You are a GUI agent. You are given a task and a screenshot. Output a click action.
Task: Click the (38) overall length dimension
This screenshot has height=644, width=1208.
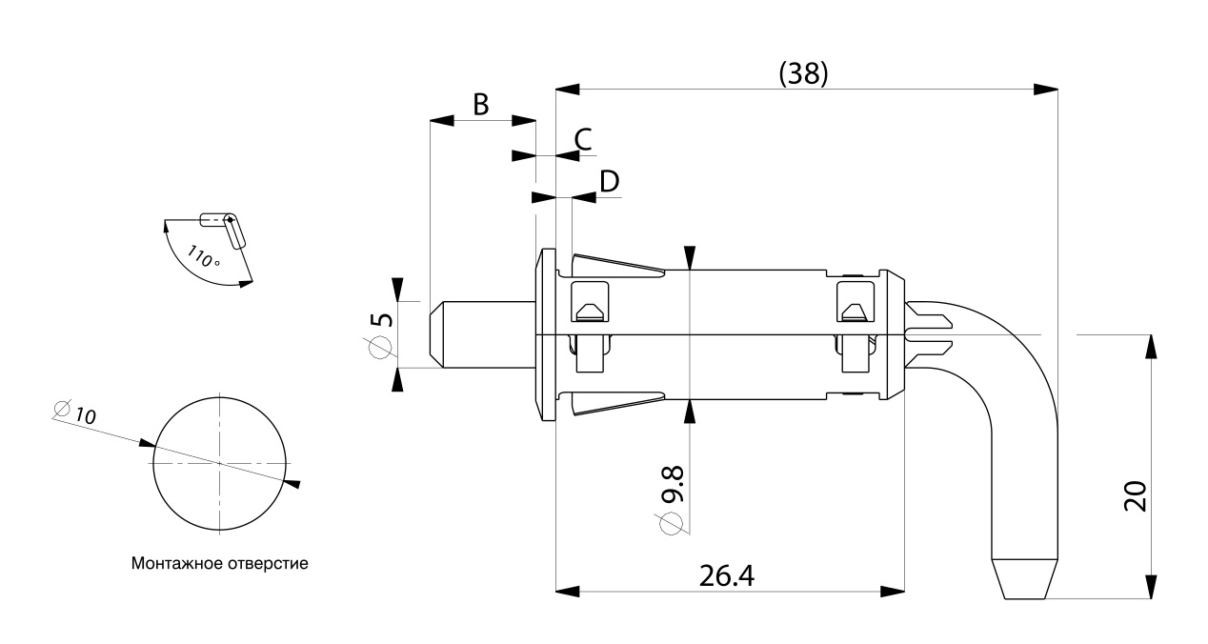tap(803, 74)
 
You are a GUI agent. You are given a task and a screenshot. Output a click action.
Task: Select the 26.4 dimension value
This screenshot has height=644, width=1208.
tap(726, 576)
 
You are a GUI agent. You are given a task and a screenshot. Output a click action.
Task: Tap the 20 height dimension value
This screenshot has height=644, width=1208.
tap(1136, 495)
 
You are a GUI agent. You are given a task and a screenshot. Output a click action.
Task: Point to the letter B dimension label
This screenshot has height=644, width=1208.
tap(481, 105)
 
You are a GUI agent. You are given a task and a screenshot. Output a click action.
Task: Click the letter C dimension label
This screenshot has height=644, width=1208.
tap(583, 139)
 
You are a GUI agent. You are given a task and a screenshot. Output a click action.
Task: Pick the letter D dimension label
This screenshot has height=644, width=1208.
tap(610, 182)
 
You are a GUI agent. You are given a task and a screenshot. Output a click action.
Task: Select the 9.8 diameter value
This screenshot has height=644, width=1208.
tap(672, 484)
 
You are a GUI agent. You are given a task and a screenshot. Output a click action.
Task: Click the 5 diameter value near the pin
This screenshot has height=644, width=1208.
tap(382, 319)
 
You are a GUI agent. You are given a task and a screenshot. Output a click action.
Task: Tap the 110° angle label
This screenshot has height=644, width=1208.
tap(203, 256)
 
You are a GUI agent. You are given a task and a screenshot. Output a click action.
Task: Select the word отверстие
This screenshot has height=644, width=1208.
tap(268, 564)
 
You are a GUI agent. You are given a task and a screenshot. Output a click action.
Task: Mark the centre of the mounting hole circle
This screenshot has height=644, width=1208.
tap(219, 463)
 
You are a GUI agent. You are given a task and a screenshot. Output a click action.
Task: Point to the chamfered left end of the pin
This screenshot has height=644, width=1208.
tap(436, 334)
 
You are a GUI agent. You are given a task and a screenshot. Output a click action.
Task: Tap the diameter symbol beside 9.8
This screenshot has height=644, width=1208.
tap(672, 522)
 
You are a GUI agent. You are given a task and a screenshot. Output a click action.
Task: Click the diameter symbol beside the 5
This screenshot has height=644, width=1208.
tap(381, 347)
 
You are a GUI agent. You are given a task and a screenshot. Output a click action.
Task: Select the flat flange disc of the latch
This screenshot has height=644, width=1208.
tap(546, 334)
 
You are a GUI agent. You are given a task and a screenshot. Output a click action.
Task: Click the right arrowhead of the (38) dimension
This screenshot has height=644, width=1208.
tap(1046, 90)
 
